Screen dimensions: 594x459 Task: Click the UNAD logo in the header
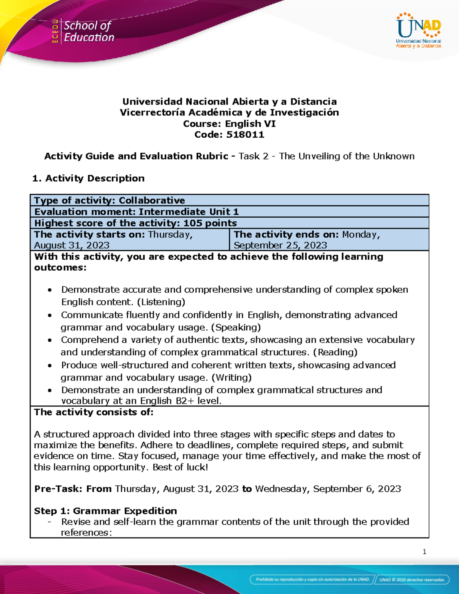click(x=418, y=31)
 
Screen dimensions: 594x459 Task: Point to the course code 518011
click(x=245, y=135)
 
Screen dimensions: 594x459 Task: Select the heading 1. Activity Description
click(x=88, y=178)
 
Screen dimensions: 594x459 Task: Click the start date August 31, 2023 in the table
click(x=72, y=245)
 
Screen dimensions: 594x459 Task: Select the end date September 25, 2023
click(x=280, y=245)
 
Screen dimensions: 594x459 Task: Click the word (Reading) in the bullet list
click(x=335, y=352)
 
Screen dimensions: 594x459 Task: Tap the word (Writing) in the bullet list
click(x=231, y=378)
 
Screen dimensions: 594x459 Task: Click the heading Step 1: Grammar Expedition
click(x=105, y=511)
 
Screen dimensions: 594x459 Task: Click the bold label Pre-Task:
click(x=58, y=489)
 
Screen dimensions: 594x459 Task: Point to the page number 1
click(x=424, y=552)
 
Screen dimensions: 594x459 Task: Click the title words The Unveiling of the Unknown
click(x=347, y=156)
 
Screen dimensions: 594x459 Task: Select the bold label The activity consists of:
click(x=94, y=412)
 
